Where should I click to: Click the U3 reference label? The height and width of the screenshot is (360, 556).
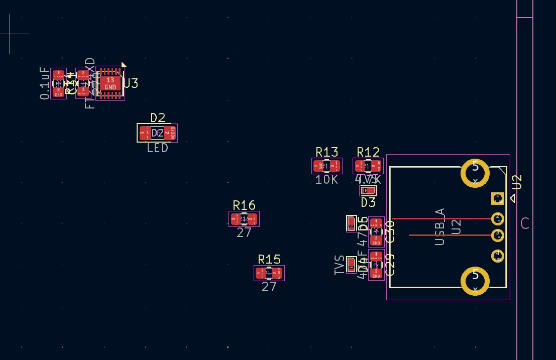pyautogui.click(x=131, y=84)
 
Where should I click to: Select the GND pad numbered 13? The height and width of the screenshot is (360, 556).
pyautogui.click(x=110, y=83)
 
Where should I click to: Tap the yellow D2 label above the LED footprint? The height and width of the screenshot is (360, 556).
pyautogui.click(x=158, y=118)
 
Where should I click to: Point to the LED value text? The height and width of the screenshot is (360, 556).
pyautogui.click(x=158, y=148)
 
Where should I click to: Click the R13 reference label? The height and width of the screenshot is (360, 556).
pyautogui.click(x=327, y=152)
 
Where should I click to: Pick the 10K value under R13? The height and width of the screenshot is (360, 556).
pyautogui.click(x=326, y=180)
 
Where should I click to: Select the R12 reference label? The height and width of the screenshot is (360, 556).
pyautogui.click(x=368, y=152)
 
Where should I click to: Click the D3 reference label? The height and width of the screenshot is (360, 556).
pyautogui.click(x=368, y=202)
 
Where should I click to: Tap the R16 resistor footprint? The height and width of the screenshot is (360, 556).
pyautogui.click(x=244, y=219)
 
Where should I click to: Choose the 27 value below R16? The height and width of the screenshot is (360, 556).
pyautogui.click(x=244, y=233)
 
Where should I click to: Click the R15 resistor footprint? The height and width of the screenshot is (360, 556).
pyautogui.click(x=269, y=273)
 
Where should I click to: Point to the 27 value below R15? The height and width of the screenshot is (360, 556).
pyautogui.click(x=269, y=287)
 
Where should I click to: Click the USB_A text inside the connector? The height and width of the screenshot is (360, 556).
pyautogui.click(x=440, y=226)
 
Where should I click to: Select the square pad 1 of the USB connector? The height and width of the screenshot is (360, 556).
pyautogui.click(x=497, y=198)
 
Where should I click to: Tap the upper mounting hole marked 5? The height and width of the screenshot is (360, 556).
pyautogui.click(x=475, y=173)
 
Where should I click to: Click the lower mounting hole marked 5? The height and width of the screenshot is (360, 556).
pyautogui.click(x=475, y=281)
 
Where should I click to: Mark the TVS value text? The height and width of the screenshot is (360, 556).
pyautogui.click(x=340, y=265)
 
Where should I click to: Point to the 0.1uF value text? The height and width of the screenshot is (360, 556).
pyautogui.click(x=45, y=83)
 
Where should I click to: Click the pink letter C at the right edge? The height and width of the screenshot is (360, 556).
pyautogui.click(x=525, y=224)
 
